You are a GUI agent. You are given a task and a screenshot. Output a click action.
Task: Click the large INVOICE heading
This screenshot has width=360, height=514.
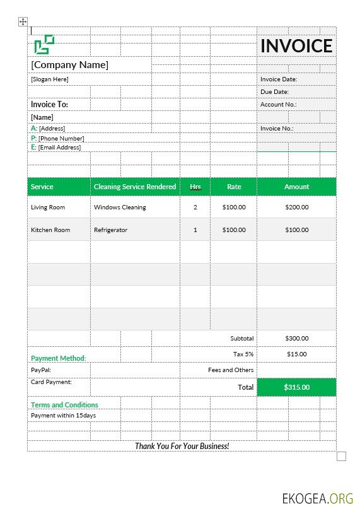coord(296,45)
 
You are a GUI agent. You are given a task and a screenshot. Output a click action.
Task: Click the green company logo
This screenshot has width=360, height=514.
coord(44,44)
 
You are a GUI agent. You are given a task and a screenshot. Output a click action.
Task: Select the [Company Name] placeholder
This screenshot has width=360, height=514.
coord(69,65)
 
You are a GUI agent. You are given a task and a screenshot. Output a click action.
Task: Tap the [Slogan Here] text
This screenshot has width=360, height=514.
coord(49,79)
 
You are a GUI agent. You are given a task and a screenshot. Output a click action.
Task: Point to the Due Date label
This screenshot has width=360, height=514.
coord(275,92)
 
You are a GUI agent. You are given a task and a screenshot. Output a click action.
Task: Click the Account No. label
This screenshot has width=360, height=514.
coord(278,105)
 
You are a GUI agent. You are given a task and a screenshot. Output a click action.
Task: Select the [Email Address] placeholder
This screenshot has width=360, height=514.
coord(59,147)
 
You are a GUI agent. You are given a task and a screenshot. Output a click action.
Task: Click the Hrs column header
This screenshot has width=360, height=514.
coord(195,187)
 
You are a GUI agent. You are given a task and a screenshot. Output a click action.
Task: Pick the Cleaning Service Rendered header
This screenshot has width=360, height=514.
coord(135,187)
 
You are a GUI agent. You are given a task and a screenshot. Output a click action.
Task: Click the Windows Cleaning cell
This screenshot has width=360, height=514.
coord(120,207)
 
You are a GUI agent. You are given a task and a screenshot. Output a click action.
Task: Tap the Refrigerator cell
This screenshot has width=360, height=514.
coord(110,230)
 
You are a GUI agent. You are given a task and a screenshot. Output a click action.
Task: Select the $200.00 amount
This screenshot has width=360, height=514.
coord(296,207)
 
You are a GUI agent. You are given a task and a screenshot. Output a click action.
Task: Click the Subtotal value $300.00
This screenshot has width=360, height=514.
coord(296,338)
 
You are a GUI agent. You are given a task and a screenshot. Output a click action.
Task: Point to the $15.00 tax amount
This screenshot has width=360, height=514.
coord(296,354)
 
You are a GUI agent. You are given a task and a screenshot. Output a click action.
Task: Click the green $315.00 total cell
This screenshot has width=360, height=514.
coord(296,387)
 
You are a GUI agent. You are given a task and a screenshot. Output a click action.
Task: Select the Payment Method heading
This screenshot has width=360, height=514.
coord(58,358)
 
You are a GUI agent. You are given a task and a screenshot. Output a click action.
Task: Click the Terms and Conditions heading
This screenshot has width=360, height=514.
coord(64,405)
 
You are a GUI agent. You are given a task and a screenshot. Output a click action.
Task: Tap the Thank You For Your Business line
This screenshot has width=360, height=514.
coord(182,446)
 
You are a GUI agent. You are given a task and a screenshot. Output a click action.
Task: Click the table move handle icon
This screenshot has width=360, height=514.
coord(23,22)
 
